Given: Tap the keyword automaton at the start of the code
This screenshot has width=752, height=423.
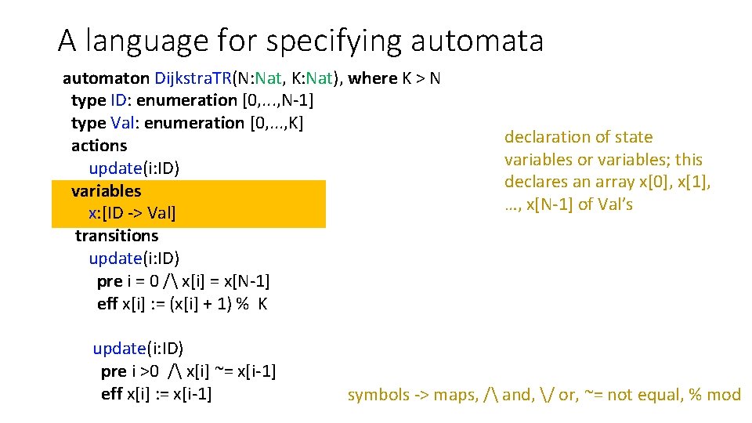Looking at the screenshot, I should [x=106, y=78].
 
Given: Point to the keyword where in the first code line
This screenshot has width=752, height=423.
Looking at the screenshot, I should [x=373, y=78].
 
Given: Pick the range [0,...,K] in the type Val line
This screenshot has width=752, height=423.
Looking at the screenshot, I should [x=276, y=123].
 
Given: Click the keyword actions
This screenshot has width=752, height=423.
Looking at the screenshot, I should [x=99, y=146].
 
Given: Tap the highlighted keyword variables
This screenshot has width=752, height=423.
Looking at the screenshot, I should [x=107, y=191].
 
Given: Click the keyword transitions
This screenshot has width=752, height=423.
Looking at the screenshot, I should [x=117, y=236].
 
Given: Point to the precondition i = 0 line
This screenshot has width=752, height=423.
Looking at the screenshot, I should [x=183, y=281].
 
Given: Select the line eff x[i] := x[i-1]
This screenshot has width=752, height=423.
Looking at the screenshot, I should [x=157, y=394].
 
